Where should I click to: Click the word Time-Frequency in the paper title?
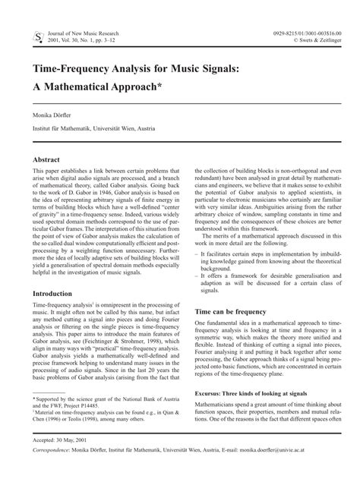point(84,69)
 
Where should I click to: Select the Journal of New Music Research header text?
point(90,34)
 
